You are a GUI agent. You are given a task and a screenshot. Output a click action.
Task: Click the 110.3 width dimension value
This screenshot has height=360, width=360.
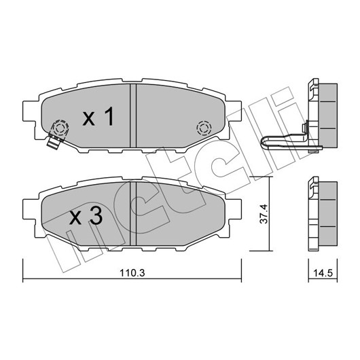click(132, 273)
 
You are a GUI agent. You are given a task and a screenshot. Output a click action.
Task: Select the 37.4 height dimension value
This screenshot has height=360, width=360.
click(264, 214)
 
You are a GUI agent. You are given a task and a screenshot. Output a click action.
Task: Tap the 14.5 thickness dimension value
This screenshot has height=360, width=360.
click(323, 273)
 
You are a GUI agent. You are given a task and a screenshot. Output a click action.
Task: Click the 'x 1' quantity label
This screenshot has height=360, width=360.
click(98, 116)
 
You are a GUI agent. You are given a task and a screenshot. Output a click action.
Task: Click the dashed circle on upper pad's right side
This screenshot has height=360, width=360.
click(204, 128)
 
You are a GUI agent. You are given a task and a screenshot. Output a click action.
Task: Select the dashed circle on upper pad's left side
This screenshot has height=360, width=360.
click(60, 128)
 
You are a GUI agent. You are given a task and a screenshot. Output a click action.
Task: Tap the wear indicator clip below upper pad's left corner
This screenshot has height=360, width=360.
click(53, 142)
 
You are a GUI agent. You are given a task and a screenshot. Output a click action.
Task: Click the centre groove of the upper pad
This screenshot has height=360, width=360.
click(133, 115)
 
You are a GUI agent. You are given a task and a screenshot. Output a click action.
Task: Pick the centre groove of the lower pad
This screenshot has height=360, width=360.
click(133, 213)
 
